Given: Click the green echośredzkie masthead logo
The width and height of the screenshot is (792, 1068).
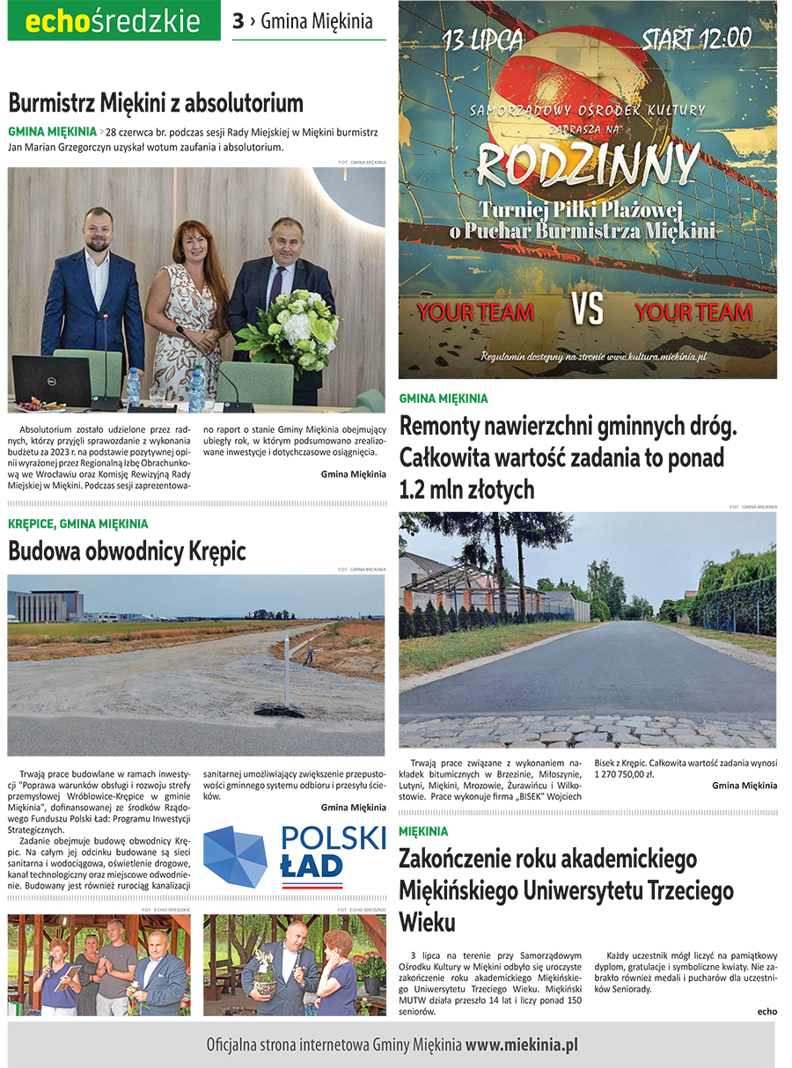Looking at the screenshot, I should pyautogui.click(x=114, y=21).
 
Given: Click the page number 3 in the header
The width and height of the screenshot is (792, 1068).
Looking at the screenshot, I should pyautogui.click(x=238, y=21).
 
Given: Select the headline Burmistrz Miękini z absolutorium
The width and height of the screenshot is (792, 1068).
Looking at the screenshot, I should pyautogui.click(x=156, y=103).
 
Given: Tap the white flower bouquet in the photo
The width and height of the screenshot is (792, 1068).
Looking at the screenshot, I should pyautogui.click(x=288, y=330).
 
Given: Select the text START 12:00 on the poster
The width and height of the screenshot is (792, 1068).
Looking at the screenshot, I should pyautogui.click(x=696, y=40).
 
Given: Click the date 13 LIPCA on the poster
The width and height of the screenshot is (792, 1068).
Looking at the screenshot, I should pyautogui.click(x=483, y=40).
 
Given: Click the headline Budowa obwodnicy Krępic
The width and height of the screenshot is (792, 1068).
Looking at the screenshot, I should pyautogui.click(x=127, y=552).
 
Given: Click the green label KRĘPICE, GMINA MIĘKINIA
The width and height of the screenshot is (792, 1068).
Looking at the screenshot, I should pyautogui.click(x=78, y=523).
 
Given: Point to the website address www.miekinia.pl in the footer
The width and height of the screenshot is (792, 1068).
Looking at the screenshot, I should pyautogui.click(x=521, y=1046).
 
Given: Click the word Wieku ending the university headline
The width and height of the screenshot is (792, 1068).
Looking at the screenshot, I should pyautogui.click(x=427, y=922).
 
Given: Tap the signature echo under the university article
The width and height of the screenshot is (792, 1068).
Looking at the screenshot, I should pyautogui.click(x=766, y=1011).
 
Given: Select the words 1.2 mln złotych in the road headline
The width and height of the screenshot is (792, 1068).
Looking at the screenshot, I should pyautogui.click(x=466, y=489).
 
